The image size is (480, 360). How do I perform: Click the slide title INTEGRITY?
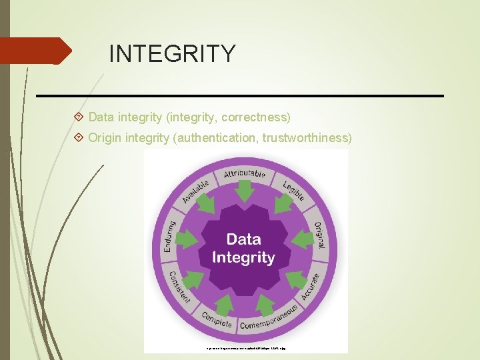[172, 53]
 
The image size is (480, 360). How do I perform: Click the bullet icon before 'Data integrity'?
[79, 117]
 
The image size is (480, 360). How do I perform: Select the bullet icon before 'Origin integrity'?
[79, 138]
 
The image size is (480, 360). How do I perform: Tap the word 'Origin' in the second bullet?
[105, 138]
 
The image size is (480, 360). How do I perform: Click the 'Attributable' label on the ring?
[245, 174]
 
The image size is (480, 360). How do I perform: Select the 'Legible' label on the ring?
[294, 190]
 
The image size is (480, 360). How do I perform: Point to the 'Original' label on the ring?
[319, 235]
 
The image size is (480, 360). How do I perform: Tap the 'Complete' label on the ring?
[217, 321]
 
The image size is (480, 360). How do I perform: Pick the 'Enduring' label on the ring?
[169, 237]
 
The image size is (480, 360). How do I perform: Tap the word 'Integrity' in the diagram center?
[243, 257]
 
